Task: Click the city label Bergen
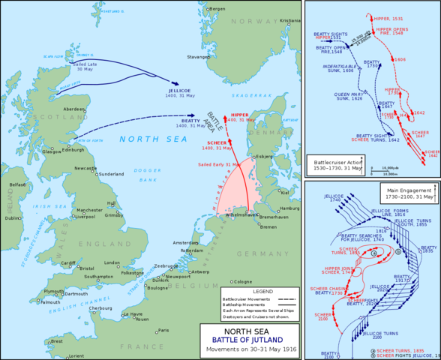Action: coord(217,8)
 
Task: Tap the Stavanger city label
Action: coord(199,55)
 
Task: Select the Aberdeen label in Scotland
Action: coord(73,109)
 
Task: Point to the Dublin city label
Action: coord(13,218)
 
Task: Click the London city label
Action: coord(112,262)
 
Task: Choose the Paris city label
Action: coord(163,330)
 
